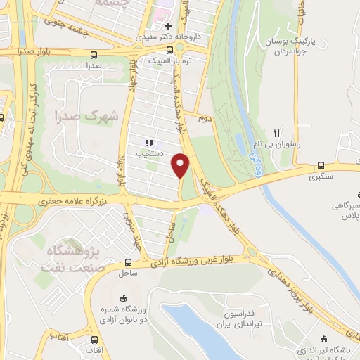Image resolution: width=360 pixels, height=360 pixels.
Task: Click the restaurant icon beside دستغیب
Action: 148,141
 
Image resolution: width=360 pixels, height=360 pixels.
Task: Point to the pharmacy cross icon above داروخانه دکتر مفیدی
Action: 168,26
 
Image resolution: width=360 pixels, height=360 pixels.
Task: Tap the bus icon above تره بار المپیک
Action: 169,50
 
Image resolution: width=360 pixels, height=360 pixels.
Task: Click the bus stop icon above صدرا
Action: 94,54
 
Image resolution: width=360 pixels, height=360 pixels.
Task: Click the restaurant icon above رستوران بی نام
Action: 278,132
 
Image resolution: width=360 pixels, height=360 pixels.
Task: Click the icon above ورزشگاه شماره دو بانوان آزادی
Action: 124,297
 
